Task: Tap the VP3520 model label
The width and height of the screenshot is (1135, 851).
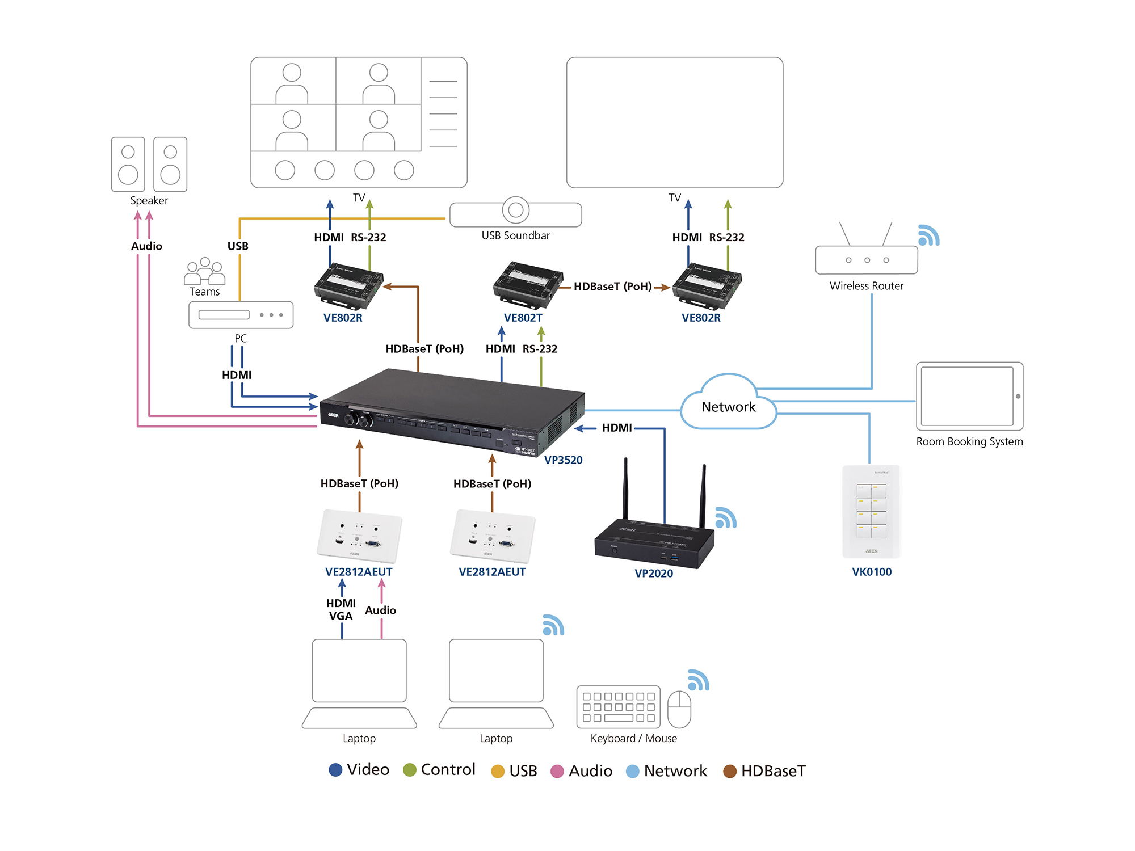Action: click(x=563, y=460)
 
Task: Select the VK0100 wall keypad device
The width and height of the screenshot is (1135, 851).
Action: click(x=871, y=511)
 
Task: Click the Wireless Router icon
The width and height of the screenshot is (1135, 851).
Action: click(x=866, y=259)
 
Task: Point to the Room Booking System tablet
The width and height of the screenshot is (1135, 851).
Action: click(x=969, y=396)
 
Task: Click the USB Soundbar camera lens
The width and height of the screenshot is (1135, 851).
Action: click(x=515, y=210)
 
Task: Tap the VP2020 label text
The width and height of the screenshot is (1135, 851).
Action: click(x=653, y=574)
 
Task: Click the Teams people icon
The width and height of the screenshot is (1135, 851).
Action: click(x=204, y=271)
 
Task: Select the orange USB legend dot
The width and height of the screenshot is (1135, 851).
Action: click(x=498, y=771)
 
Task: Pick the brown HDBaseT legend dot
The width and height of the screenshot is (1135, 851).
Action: click(x=729, y=771)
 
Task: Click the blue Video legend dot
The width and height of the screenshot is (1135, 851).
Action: click(x=335, y=770)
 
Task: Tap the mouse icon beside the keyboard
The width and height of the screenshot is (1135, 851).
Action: click(x=679, y=709)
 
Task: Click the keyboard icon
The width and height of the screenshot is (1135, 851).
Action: click(x=618, y=707)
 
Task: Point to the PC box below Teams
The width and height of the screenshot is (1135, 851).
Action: click(x=241, y=315)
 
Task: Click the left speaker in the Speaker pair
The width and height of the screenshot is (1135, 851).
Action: click(x=128, y=165)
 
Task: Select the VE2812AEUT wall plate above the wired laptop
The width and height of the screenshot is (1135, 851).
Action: click(x=359, y=536)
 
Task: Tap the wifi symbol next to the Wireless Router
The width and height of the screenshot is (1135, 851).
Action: click(x=928, y=235)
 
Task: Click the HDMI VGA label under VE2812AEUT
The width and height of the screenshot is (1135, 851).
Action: click(x=340, y=610)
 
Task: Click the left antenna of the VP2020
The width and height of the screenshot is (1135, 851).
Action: click(x=626, y=488)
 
